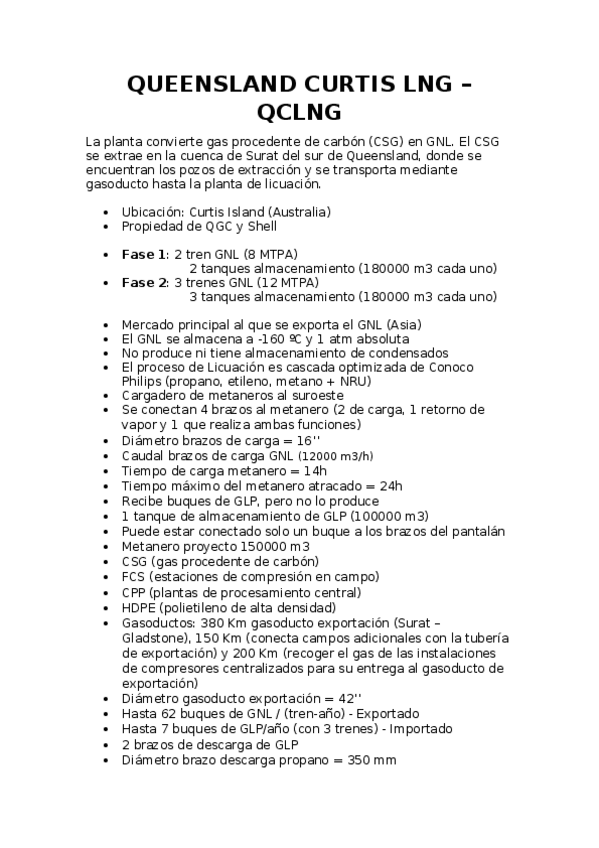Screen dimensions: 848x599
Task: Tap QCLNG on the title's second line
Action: [x=299, y=110]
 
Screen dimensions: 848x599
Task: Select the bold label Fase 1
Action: [x=144, y=254]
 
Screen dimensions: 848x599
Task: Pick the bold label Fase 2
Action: [x=144, y=282]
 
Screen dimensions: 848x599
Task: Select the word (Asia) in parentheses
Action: [x=400, y=324]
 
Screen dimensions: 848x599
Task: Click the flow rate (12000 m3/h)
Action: [x=328, y=456]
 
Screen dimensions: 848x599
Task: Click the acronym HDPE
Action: [x=140, y=607]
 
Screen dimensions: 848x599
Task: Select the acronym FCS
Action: [x=134, y=576]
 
